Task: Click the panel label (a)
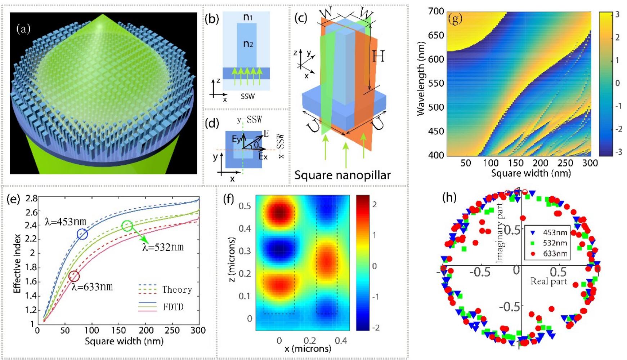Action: (23, 29)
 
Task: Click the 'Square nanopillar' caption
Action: (342, 175)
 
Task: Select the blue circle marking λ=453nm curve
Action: (82, 234)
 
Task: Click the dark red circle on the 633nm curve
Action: (74, 276)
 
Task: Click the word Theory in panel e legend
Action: (177, 290)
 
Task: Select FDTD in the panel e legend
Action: (173, 307)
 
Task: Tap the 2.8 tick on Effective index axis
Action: (31, 198)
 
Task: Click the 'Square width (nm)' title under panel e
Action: (118, 341)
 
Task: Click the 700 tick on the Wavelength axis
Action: (436, 11)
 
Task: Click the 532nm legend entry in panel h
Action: (555, 243)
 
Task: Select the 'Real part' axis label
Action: (548, 281)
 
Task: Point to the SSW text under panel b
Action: (248, 96)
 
